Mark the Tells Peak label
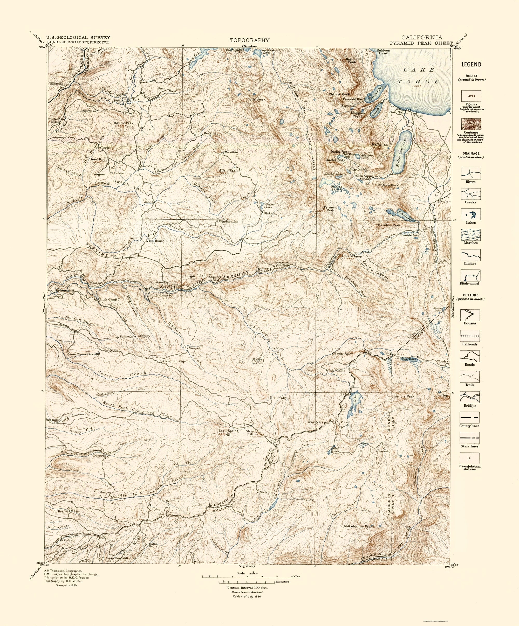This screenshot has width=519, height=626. [257, 99]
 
